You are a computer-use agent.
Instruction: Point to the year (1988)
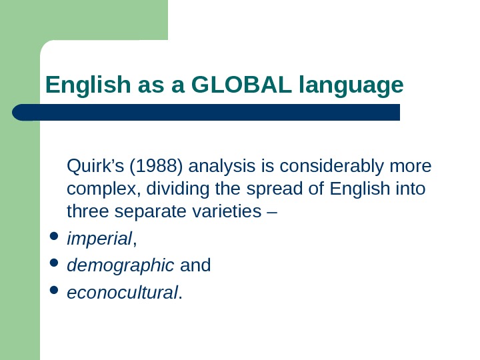pos(148,165)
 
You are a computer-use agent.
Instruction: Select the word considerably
pos(328,165)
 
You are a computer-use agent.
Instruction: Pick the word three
pos(88,212)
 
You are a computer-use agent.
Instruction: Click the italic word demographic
pos(121,265)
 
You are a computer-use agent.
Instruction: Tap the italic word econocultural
pos(123,292)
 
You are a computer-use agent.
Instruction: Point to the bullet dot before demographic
pos(54,265)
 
